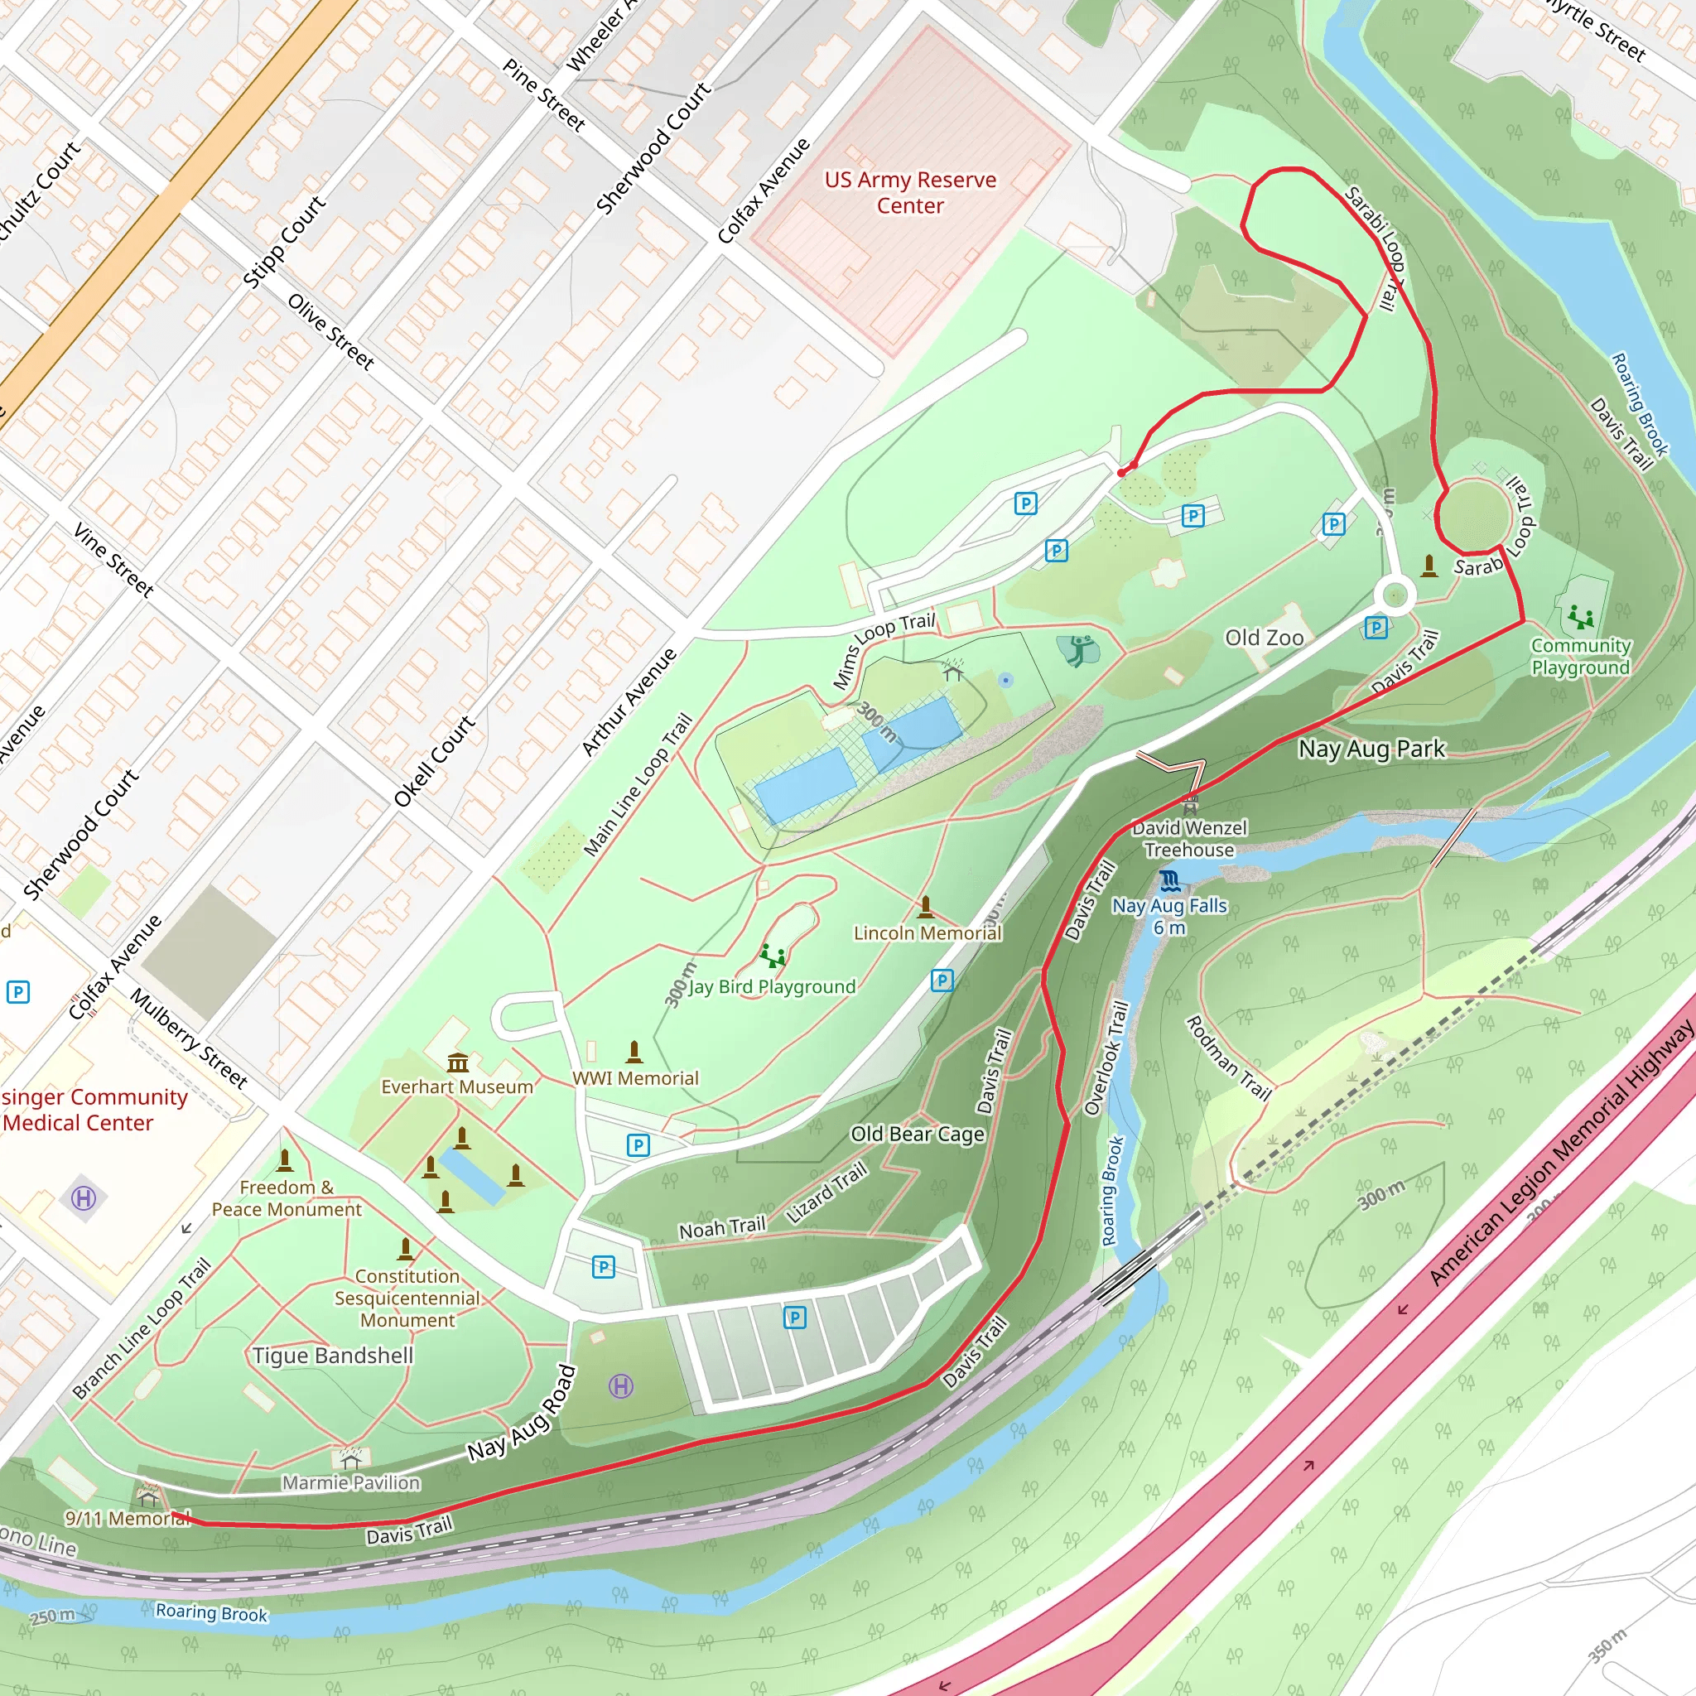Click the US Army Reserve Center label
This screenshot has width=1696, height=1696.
[910, 192]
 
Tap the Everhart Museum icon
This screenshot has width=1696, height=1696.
[457, 1063]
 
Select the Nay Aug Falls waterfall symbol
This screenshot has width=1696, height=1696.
[1168, 879]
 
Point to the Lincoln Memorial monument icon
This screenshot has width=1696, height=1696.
[925, 906]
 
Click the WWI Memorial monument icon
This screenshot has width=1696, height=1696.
[634, 1051]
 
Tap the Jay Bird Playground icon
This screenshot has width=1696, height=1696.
[773, 955]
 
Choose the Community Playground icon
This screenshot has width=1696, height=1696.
[1581, 616]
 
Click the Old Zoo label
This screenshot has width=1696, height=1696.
[1264, 638]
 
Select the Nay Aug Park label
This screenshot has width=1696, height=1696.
[1371, 749]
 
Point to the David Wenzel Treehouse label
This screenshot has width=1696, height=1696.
[1188, 838]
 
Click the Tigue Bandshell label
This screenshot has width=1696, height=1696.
[333, 1356]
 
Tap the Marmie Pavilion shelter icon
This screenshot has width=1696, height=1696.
[351, 1459]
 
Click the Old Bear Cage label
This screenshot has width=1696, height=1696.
[918, 1135]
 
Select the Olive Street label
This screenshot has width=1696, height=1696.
[331, 331]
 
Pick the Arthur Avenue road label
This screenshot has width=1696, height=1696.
[629, 702]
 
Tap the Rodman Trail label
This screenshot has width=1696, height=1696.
[1228, 1058]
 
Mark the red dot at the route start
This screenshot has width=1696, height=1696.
[1121, 472]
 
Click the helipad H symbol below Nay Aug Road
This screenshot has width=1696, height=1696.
[620, 1386]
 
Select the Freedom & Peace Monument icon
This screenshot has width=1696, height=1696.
[284, 1161]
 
